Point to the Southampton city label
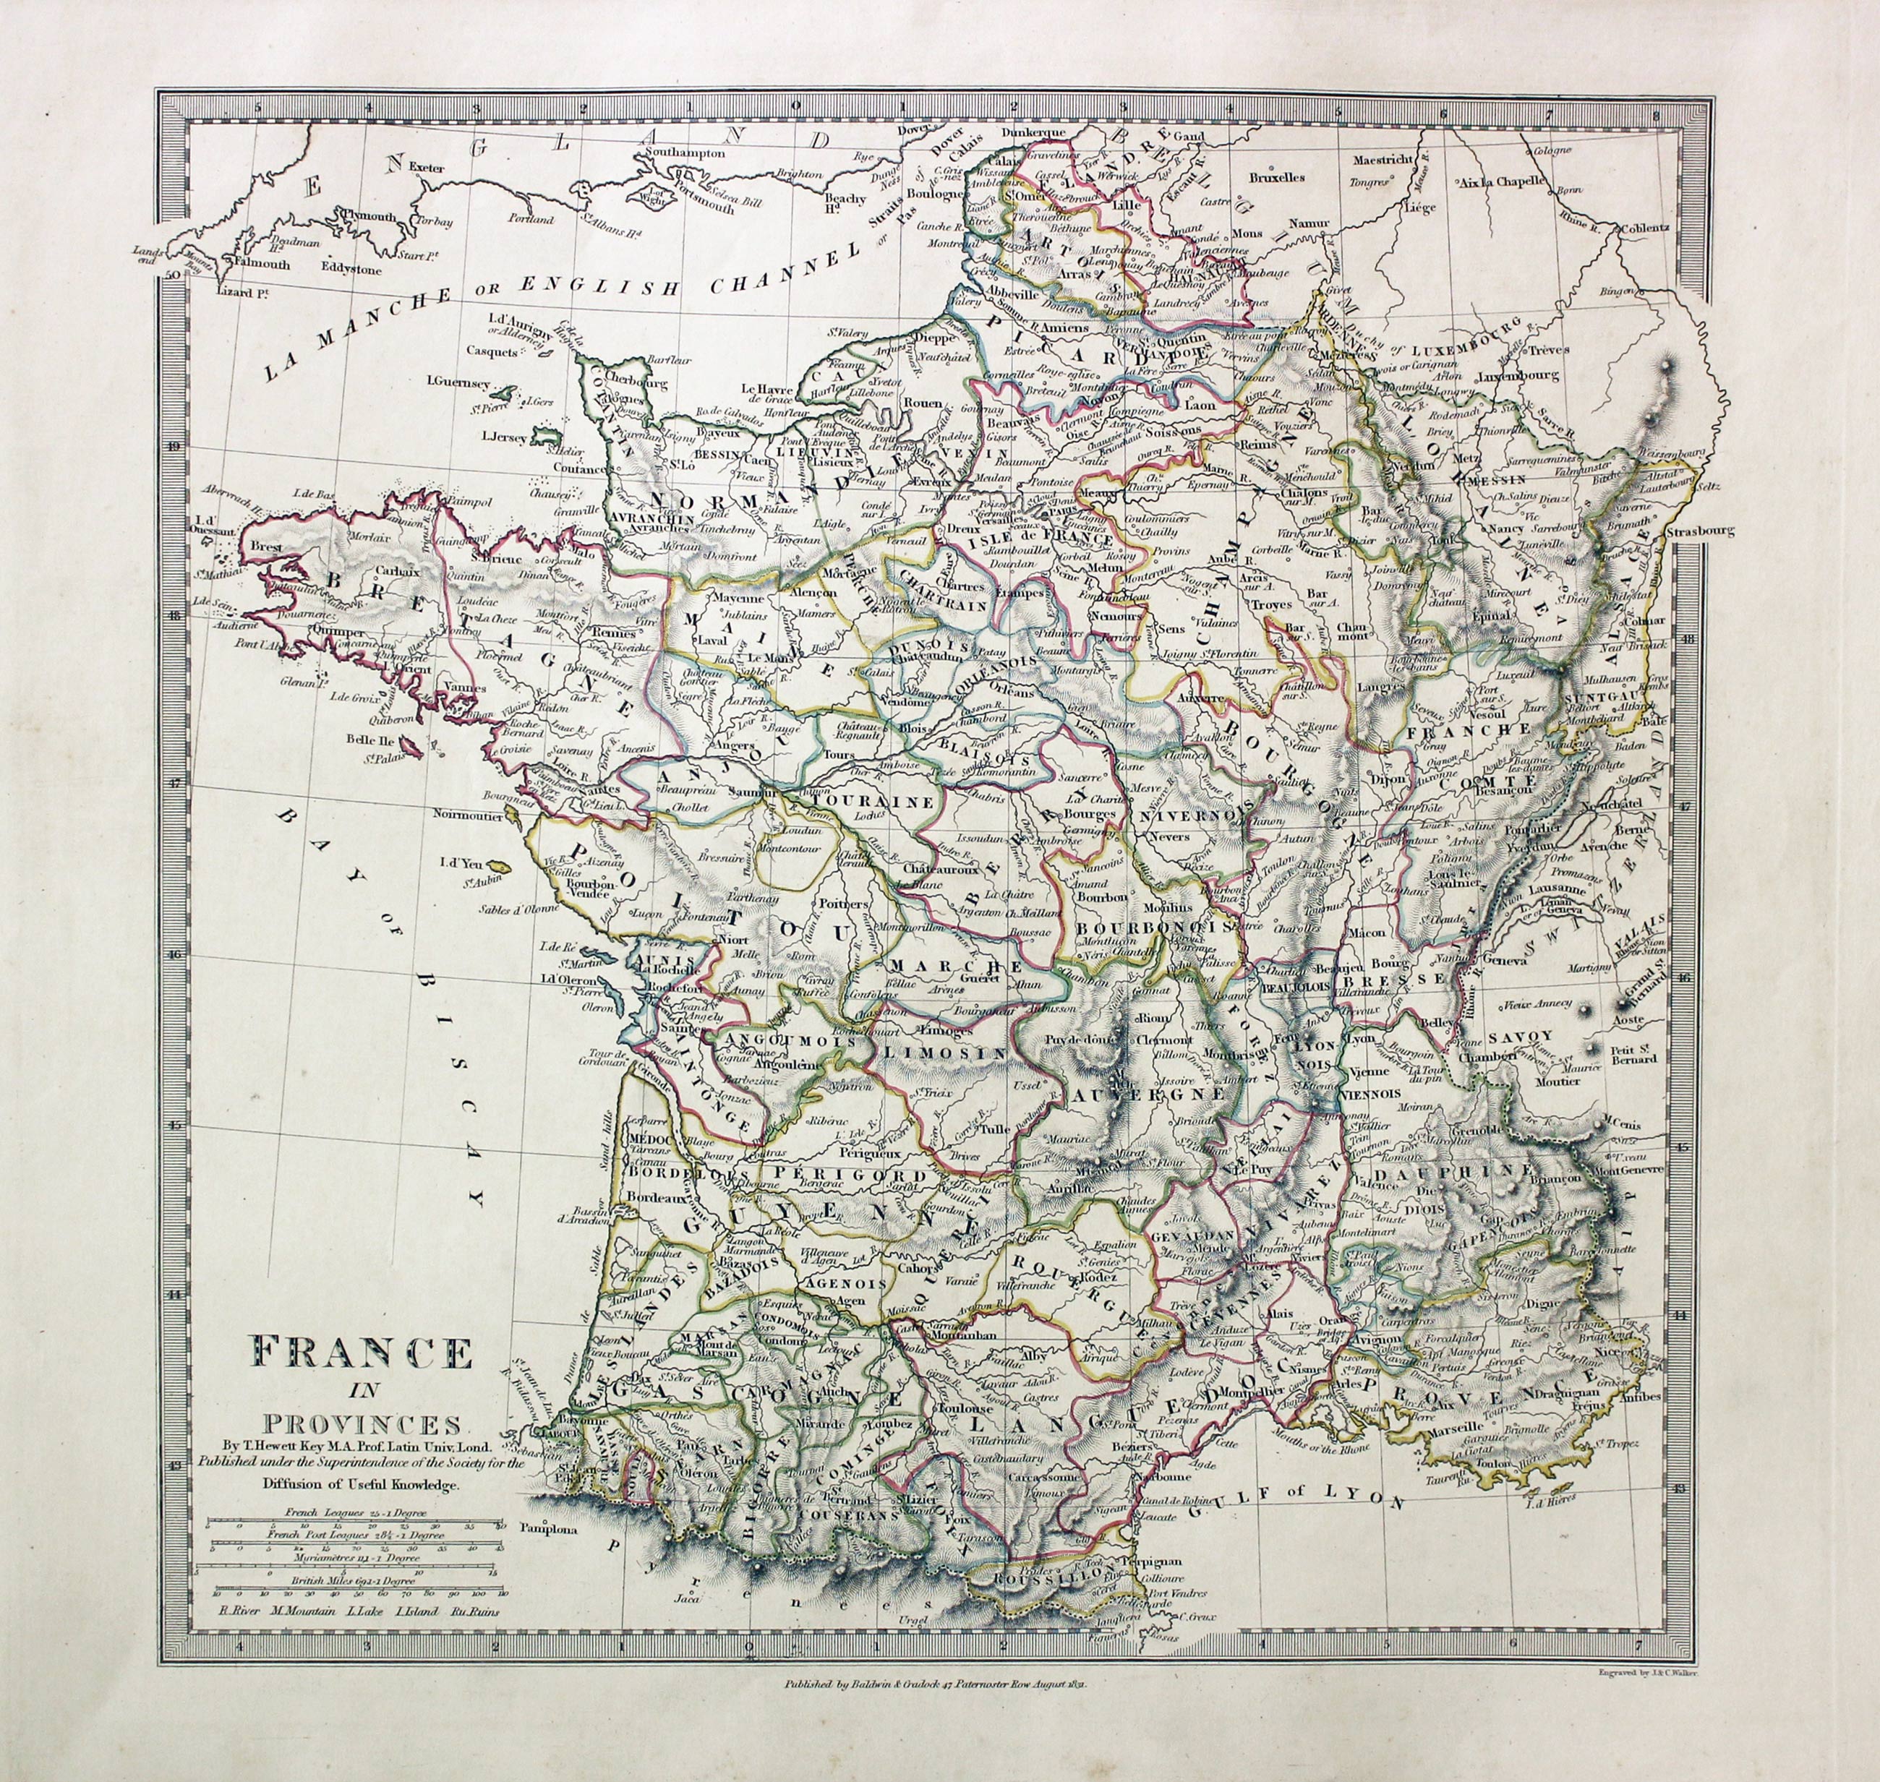pyautogui.click(x=684, y=151)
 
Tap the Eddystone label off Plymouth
pyautogui.click(x=351, y=269)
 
